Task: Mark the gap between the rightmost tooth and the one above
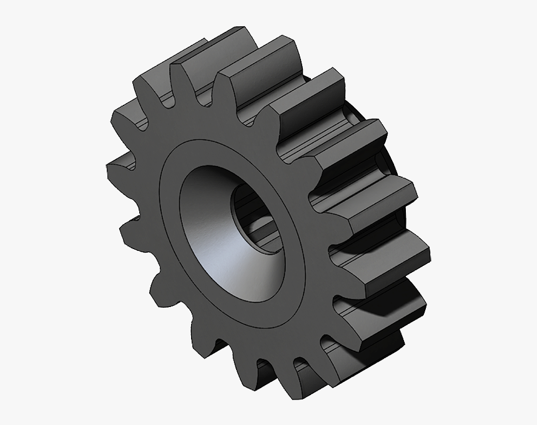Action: (340, 234)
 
